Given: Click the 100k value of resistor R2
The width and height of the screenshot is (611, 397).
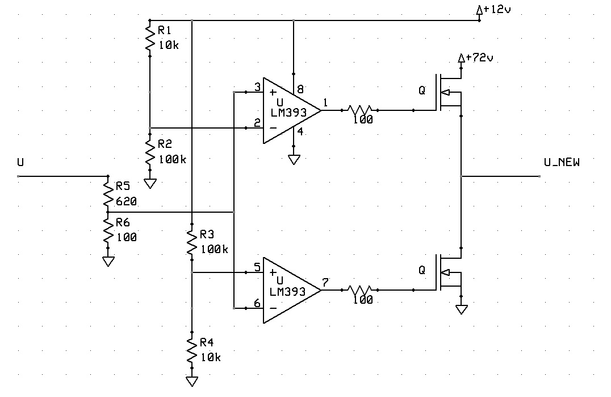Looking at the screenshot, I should [x=171, y=159].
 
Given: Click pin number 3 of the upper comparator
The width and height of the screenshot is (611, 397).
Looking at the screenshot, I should [x=257, y=87].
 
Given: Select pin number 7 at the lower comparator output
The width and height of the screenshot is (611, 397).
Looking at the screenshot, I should [x=325, y=282].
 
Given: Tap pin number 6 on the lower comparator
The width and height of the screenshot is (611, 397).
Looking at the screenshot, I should [x=257, y=303].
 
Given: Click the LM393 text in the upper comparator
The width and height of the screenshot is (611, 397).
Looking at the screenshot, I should [x=288, y=113].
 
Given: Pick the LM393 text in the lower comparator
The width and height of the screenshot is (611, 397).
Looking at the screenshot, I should [x=288, y=291].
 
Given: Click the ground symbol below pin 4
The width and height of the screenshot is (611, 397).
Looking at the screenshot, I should [x=294, y=160].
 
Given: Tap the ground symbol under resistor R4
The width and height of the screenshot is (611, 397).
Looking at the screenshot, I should [x=192, y=381].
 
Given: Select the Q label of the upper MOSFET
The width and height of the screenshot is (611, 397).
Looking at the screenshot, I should [x=421, y=91].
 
